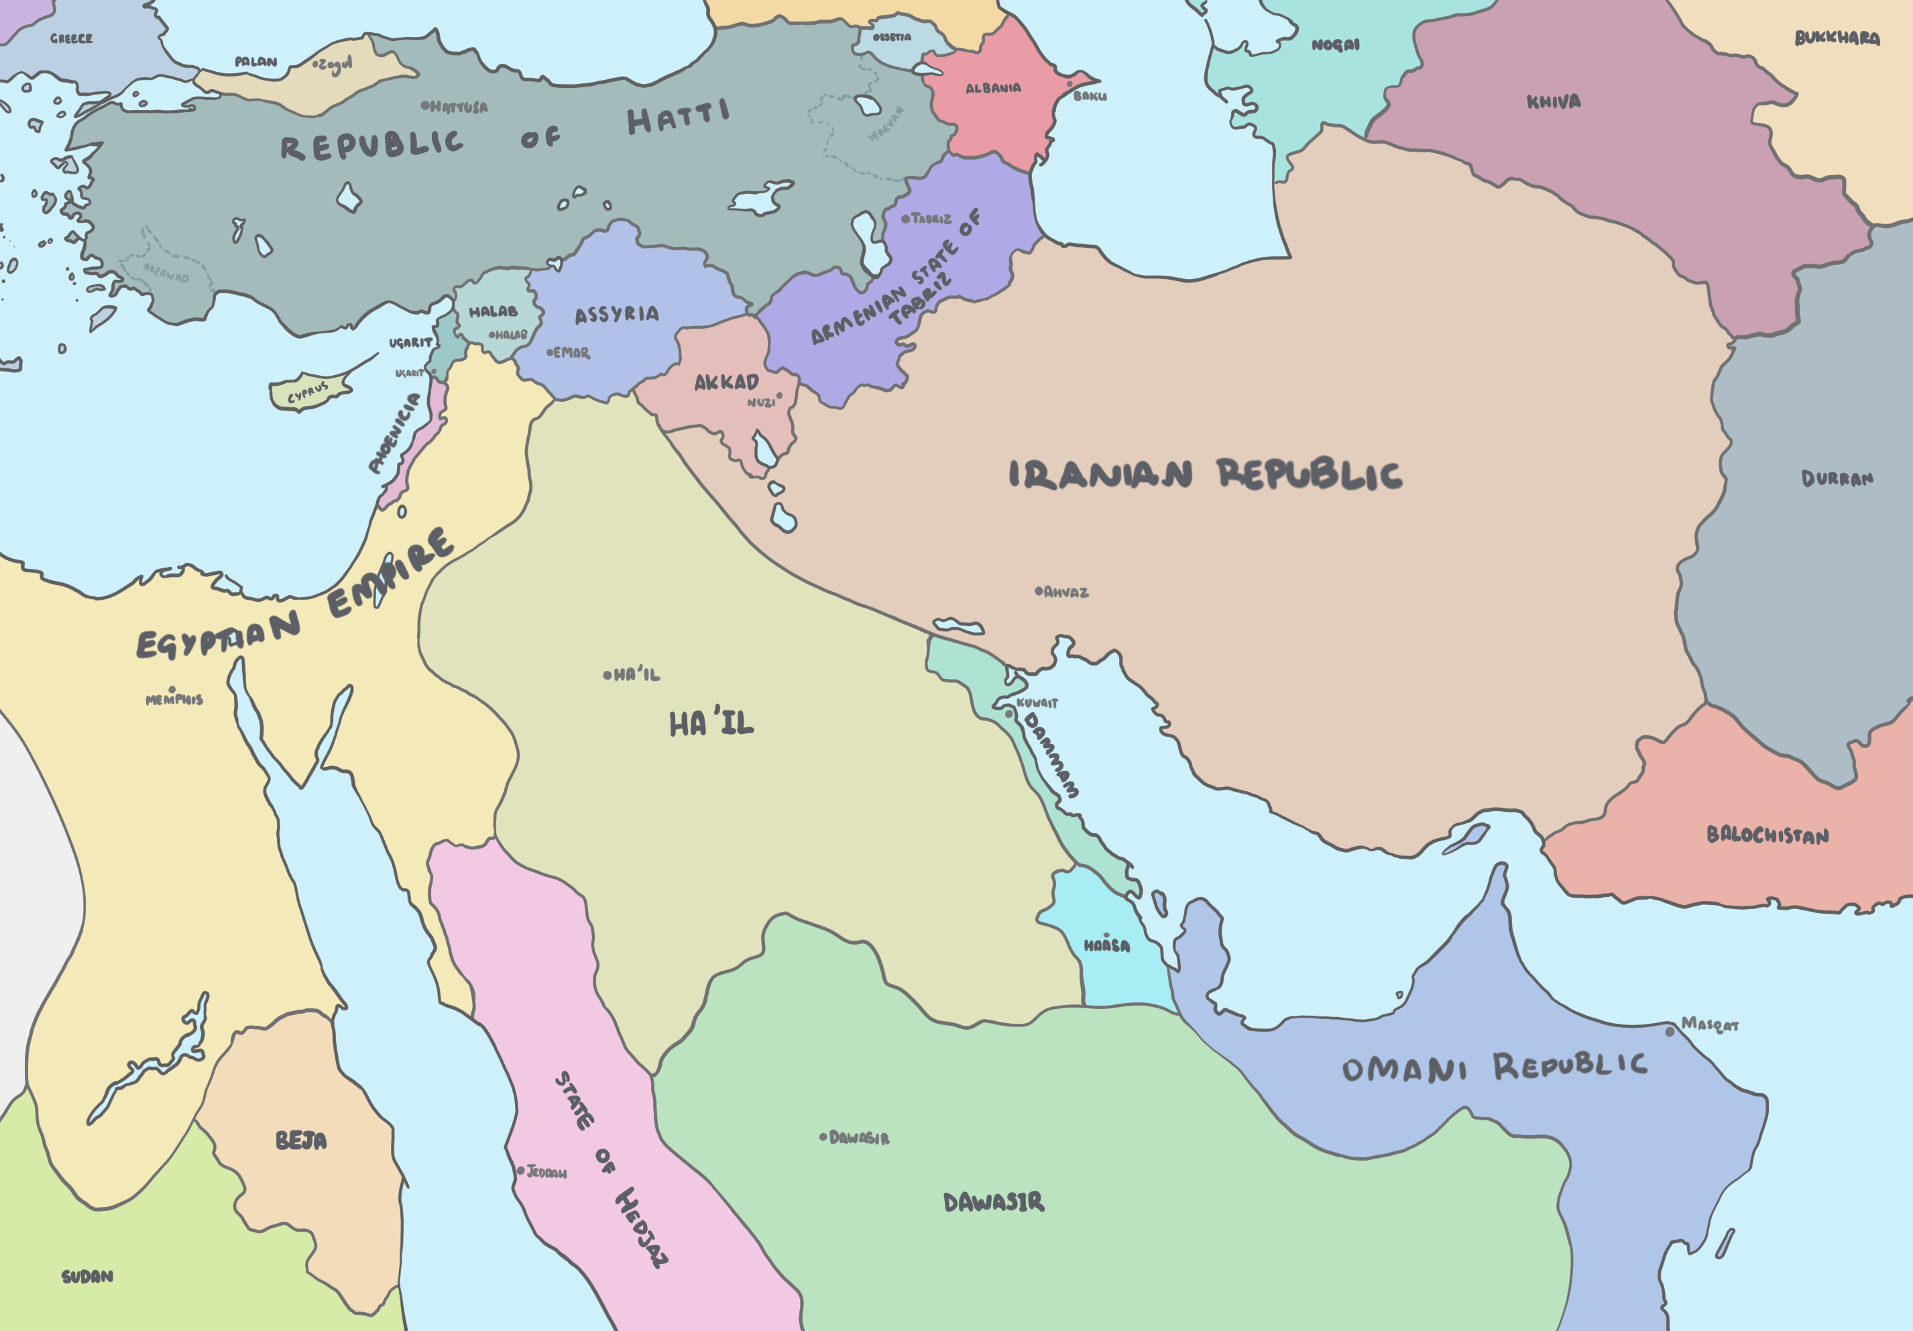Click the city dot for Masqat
[x=1670, y=1032]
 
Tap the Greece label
[x=71, y=38]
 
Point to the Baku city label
[x=1090, y=96]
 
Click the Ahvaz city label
[x=1065, y=592]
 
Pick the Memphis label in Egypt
[x=174, y=700]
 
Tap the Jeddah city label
[x=546, y=1173]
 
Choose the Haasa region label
[x=1106, y=946]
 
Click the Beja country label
[x=301, y=1140]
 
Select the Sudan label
[x=87, y=1277]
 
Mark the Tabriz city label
[x=931, y=218]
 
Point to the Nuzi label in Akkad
[x=760, y=403]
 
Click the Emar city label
[x=571, y=354]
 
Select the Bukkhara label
[x=1837, y=38]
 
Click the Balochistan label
[x=1767, y=835]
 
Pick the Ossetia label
[x=892, y=38]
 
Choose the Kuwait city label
[x=1037, y=702]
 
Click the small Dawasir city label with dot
[x=859, y=1138]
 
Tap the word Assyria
[x=617, y=314]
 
